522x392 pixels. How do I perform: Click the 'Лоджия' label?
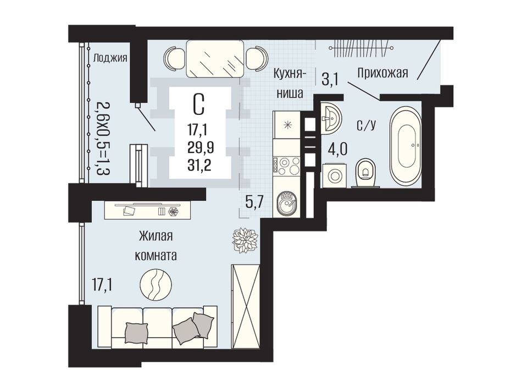pos(110,58)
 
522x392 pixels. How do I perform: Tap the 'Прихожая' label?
pos(382,72)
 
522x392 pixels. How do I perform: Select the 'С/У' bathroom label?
pos(366,125)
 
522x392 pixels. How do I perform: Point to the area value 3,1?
pos(330,80)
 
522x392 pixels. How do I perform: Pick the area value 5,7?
pos(254,202)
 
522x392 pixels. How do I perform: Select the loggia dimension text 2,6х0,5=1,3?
pos(103,140)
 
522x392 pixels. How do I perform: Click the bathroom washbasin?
pos(331,118)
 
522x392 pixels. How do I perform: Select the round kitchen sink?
pos(286,203)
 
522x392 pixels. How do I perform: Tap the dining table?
pos(214,58)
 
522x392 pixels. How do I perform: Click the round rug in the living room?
pos(156,284)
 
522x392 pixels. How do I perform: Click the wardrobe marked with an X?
pos(246,306)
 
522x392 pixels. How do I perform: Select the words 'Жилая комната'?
pos(156,246)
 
